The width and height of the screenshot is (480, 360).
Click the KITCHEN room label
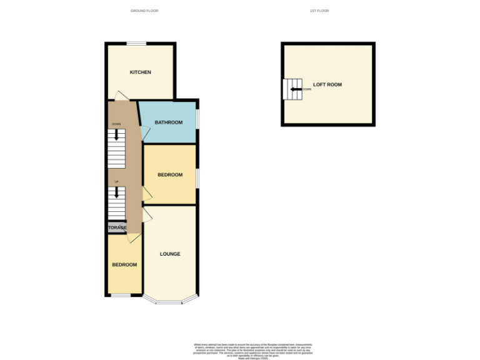pyautogui.click(x=140, y=72)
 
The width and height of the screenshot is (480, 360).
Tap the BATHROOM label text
pyautogui.click(x=169, y=122)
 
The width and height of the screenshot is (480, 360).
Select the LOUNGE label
pyautogui.click(x=170, y=254)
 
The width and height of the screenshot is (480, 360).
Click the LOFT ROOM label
pyautogui.click(x=327, y=84)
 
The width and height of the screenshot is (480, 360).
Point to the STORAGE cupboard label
pyautogui.click(x=117, y=227)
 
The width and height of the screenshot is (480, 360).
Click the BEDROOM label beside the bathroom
pyautogui.click(x=170, y=175)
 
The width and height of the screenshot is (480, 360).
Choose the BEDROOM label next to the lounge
pyautogui.click(x=124, y=265)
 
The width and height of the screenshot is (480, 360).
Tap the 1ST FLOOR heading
pyautogui.click(x=319, y=11)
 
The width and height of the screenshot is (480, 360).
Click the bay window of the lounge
pyautogui.click(x=170, y=302)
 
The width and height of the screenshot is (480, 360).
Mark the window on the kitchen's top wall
pyautogui.click(x=137, y=43)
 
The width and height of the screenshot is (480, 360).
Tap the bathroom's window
pyautogui.click(x=197, y=119)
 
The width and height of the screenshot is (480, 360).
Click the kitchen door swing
pyautogui.click(x=120, y=96)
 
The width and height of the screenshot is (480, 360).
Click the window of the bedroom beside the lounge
pyautogui.click(x=121, y=295)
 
